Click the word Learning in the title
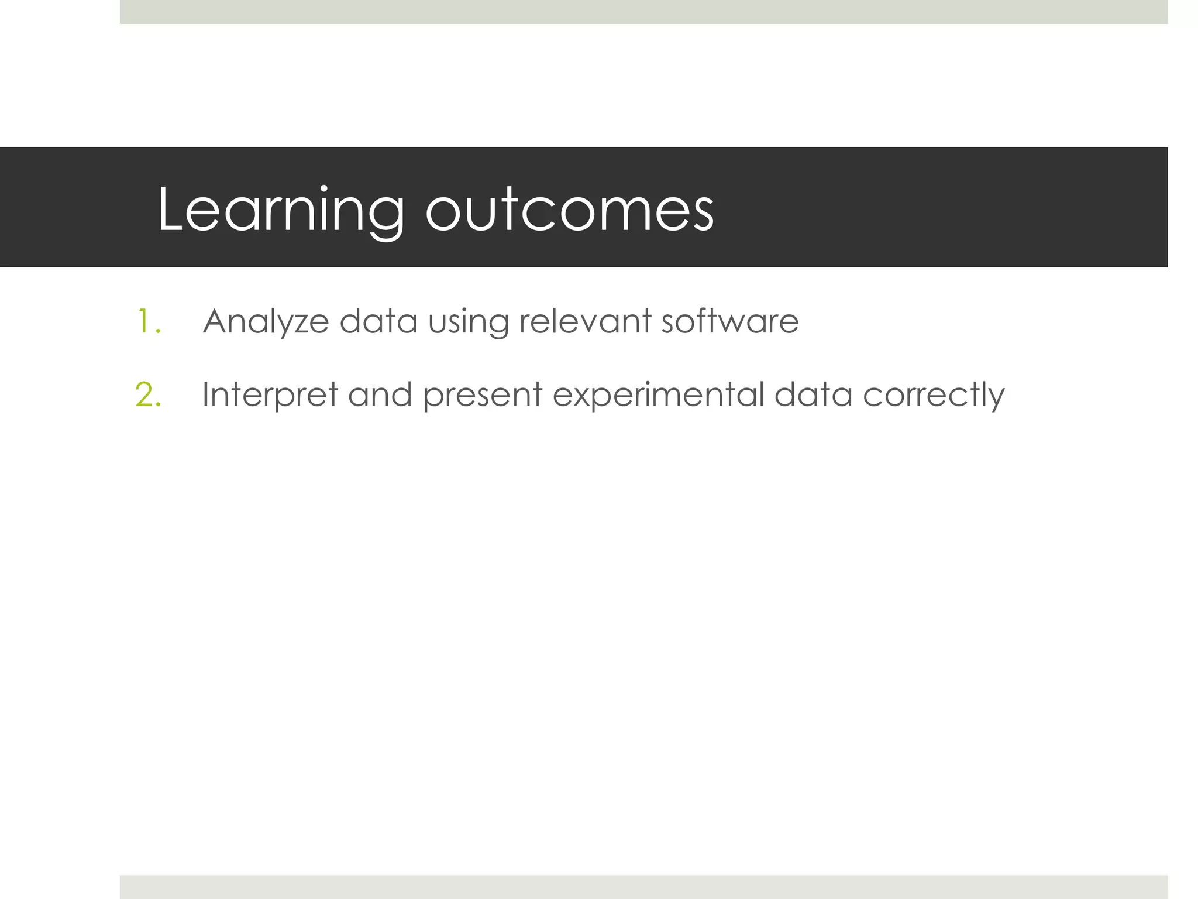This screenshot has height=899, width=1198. pyautogui.click(x=280, y=210)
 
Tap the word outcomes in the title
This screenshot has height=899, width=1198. pyautogui.click(x=569, y=210)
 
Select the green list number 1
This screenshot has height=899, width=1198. pyautogui.click(x=147, y=321)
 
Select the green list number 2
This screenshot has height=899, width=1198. pyautogui.click(x=147, y=394)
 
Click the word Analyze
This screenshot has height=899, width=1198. pyautogui.click(x=266, y=322)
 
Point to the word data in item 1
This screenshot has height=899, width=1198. pyautogui.click(x=378, y=321)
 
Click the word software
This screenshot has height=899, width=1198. pyautogui.click(x=729, y=321)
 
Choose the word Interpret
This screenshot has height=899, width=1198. pyautogui.click(x=270, y=395)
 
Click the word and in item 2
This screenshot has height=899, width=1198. pyautogui.click(x=380, y=394)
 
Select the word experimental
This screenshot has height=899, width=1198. pyautogui.click(x=658, y=395)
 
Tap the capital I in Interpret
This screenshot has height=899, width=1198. pyautogui.click(x=205, y=394)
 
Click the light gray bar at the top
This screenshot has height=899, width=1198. pyautogui.click(x=643, y=12)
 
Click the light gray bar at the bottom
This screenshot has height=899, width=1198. pyautogui.click(x=643, y=887)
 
